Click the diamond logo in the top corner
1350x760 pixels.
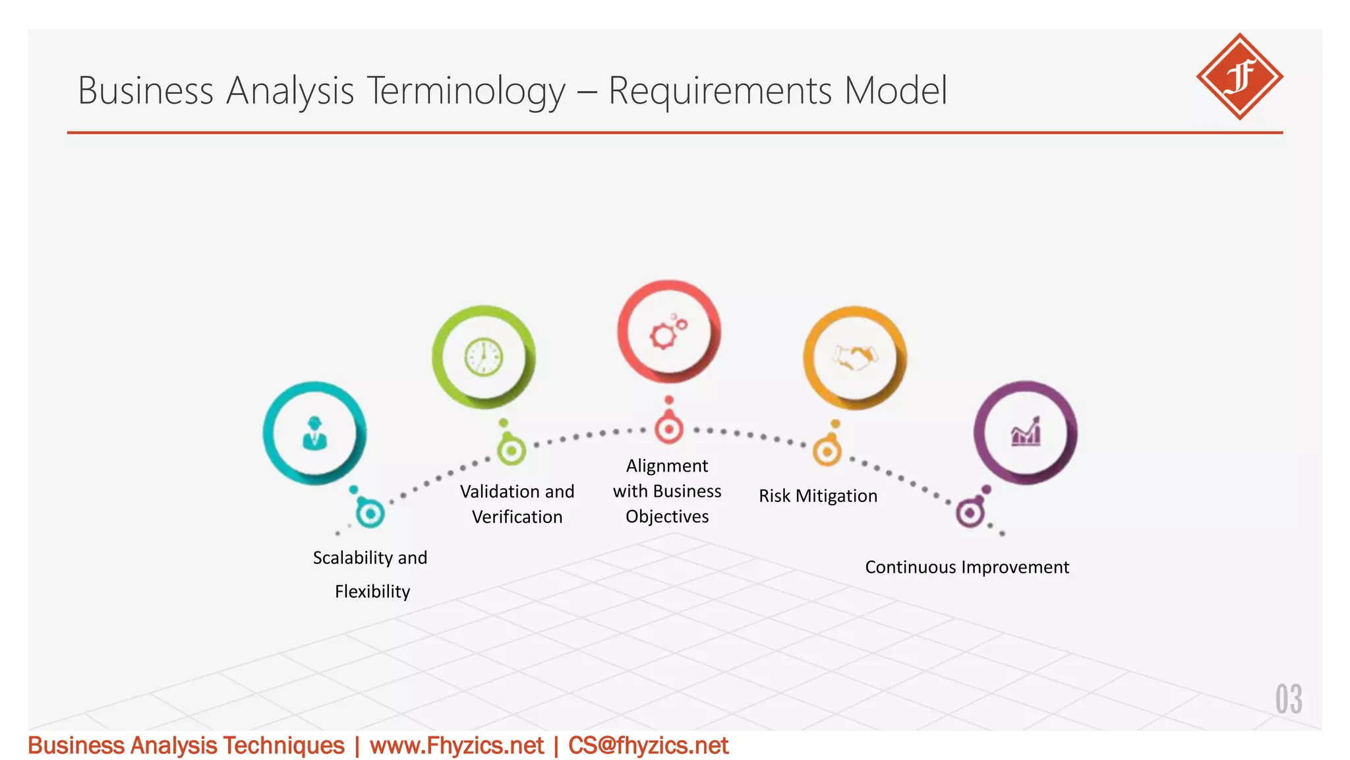tap(1239, 77)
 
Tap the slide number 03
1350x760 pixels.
tap(1288, 699)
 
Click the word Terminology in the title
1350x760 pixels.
tap(466, 90)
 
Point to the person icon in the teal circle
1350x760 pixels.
tap(314, 433)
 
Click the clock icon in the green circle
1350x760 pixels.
tap(484, 357)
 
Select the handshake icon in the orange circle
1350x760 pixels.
tap(854, 358)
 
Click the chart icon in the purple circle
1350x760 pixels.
tap(1026, 433)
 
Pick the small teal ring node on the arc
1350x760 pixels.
tap(370, 513)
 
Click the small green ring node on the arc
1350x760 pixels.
tap(511, 451)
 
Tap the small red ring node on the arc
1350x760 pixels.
tap(669, 429)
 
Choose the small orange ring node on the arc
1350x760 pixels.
tap(827, 452)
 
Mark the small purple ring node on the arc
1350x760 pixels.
tap(970, 513)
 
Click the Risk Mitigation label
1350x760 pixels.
tap(818, 496)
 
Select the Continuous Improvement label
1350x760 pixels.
tap(967, 567)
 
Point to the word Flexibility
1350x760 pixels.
tap(372, 592)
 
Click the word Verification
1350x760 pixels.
tap(517, 517)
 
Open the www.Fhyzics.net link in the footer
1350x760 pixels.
tap(457, 746)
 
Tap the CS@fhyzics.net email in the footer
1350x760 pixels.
tap(648, 746)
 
